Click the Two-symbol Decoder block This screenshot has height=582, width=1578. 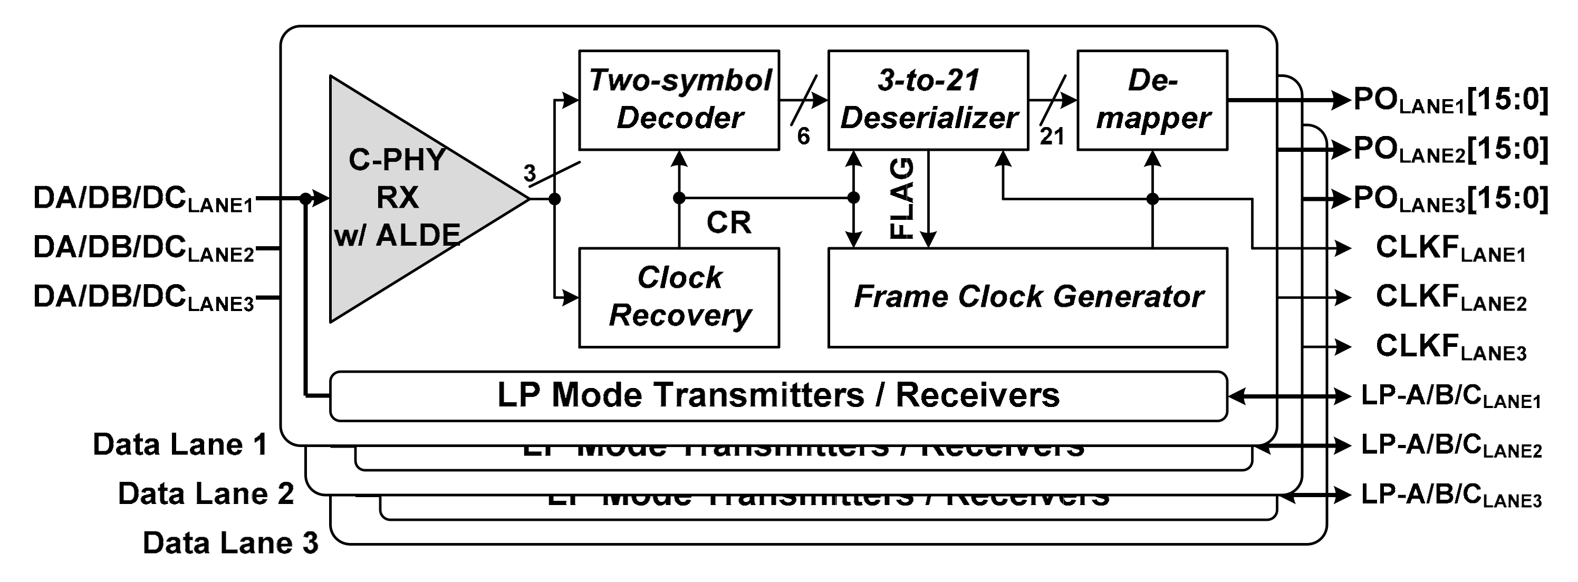pyautogui.click(x=679, y=100)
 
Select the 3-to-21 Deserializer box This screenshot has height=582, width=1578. pyautogui.click(x=927, y=100)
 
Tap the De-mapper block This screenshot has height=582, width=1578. pyautogui.click(x=1152, y=100)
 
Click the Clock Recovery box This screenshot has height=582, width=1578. pyautogui.click(x=679, y=297)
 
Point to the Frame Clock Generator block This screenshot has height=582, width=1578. pyautogui.click(x=1027, y=297)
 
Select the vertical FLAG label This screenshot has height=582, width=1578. pyautogui.click(x=902, y=198)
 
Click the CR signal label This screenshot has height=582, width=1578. pyautogui.click(x=728, y=223)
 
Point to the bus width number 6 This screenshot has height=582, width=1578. pyautogui.click(x=803, y=137)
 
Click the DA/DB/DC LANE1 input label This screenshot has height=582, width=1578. pyautogui.click(x=143, y=199)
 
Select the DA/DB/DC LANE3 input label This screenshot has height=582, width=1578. pyautogui.click(x=143, y=298)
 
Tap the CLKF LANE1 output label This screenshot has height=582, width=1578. pyautogui.click(x=1450, y=249)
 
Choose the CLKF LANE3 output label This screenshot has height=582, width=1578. pyautogui.click(x=1450, y=347)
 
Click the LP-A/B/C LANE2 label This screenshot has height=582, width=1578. pyautogui.click(x=1450, y=446)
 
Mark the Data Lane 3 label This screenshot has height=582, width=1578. pyautogui.click(x=230, y=543)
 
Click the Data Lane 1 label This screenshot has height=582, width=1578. pyautogui.click(x=180, y=444)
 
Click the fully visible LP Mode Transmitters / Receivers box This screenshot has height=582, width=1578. pyautogui.click(x=778, y=396)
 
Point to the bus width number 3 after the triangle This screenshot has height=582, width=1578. pyautogui.click(x=530, y=173)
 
